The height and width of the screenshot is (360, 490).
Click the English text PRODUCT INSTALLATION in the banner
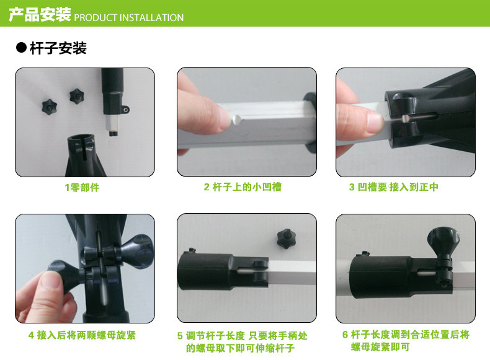click(x=129, y=18)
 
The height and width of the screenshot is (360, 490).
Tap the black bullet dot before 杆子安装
click(x=21, y=48)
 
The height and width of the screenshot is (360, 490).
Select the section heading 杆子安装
click(x=58, y=48)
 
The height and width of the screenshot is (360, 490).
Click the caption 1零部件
click(x=82, y=187)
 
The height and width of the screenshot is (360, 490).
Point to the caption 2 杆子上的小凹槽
click(x=243, y=187)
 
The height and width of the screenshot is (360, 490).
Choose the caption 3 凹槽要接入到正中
click(x=393, y=187)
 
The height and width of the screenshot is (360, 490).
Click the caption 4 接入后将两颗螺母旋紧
click(x=82, y=335)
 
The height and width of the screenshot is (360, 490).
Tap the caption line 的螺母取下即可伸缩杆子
click(x=240, y=348)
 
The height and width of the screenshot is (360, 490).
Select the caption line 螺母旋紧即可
click(x=380, y=346)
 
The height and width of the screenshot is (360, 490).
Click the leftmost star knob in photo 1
click(x=50, y=107)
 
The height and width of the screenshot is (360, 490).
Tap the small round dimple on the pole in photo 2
click(x=236, y=119)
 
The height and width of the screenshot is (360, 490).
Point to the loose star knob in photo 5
click(x=285, y=239)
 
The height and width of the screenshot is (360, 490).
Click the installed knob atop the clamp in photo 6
click(x=443, y=239)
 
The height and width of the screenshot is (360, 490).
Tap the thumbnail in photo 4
click(x=50, y=279)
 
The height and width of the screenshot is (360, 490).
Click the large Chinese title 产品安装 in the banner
click(x=40, y=15)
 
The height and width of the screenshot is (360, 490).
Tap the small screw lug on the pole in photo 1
click(x=125, y=109)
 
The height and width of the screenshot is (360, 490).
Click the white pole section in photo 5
click(x=292, y=272)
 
